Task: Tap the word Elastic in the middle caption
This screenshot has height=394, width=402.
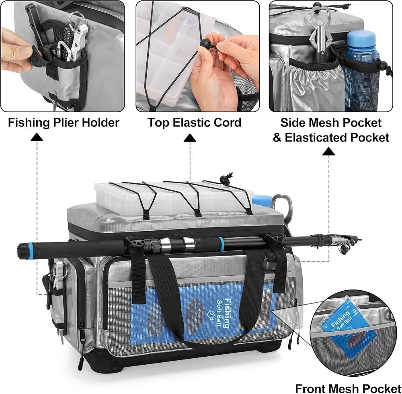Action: [192, 122]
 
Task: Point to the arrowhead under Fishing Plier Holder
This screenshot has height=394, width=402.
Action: [37, 137]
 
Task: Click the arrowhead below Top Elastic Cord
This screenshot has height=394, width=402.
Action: [190, 137]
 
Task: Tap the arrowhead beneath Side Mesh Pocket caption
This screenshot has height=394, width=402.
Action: [329, 151]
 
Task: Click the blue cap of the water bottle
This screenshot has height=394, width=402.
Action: [361, 38]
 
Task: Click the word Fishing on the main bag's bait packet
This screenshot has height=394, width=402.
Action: [227, 313]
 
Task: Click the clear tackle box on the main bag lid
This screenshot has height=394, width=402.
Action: [174, 198]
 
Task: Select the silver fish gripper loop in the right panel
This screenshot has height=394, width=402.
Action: [321, 26]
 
